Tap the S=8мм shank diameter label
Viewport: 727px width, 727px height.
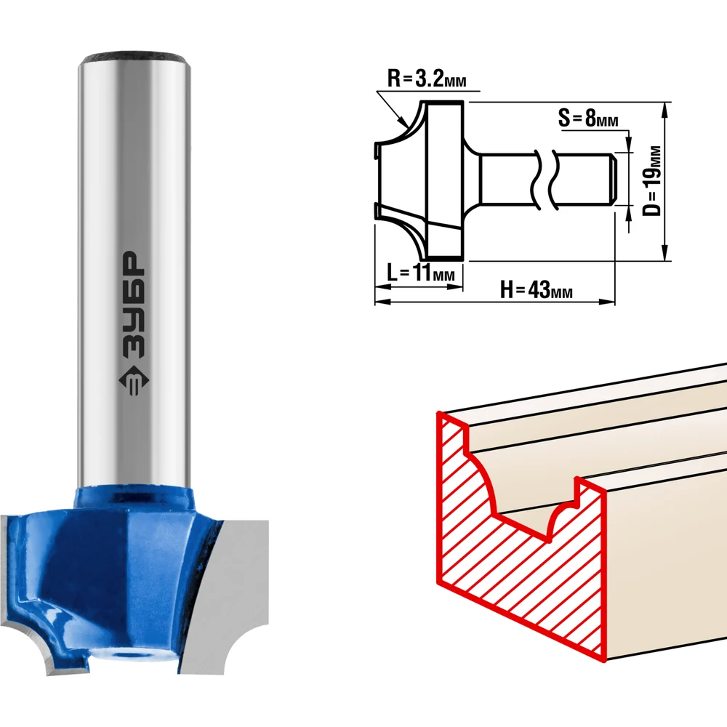click(588, 118)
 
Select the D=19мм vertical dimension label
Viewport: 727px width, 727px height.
click(652, 181)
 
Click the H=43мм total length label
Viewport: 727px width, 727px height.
click(536, 290)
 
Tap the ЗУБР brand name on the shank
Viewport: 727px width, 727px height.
click(133, 305)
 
